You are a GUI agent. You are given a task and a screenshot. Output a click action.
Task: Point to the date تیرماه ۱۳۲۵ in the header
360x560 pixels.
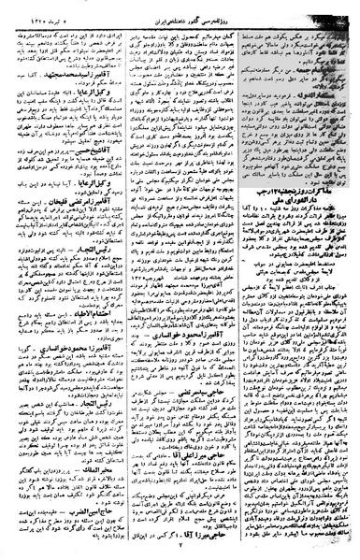pos(37,9)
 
